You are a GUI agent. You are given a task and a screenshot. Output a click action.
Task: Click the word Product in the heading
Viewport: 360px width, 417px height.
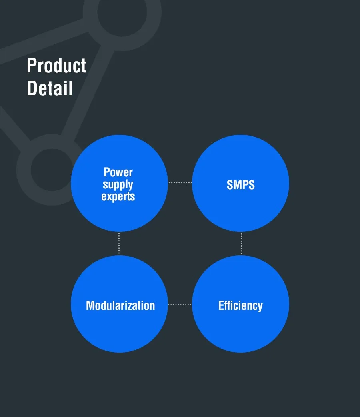[x=56, y=66]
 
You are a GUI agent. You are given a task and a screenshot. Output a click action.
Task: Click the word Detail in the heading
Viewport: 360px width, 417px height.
[x=50, y=88]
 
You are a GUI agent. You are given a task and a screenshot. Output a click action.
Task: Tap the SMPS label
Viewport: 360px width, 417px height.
[x=240, y=185]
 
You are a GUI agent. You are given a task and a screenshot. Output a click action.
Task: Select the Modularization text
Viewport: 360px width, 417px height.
[x=120, y=306]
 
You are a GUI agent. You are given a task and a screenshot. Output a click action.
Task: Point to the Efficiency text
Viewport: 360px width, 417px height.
[x=240, y=306]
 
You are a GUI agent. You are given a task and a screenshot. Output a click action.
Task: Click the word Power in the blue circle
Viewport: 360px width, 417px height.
[x=118, y=172]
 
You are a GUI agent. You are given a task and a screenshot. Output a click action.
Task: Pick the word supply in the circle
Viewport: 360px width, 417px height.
[x=118, y=184]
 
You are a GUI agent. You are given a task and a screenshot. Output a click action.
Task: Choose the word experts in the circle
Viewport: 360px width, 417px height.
[x=118, y=197]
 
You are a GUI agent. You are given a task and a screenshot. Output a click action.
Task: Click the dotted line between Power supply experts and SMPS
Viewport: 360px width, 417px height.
[x=180, y=183]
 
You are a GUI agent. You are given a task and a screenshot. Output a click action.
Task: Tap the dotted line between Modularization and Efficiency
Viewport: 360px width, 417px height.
[x=180, y=305]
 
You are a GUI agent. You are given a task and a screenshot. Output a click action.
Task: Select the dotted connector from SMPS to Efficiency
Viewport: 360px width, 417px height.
[x=241, y=244]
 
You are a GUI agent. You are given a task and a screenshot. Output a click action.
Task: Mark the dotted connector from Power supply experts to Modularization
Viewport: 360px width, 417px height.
[x=119, y=244]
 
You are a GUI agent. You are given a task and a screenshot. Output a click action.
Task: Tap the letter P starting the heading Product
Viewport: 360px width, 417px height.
[x=31, y=66]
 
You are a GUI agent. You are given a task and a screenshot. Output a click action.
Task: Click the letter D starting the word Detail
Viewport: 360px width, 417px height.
[x=31, y=88]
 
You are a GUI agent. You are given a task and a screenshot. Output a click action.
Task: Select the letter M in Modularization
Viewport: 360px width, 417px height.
[x=91, y=306]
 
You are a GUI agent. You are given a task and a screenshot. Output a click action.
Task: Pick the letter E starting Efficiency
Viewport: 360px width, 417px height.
[x=221, y=306]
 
